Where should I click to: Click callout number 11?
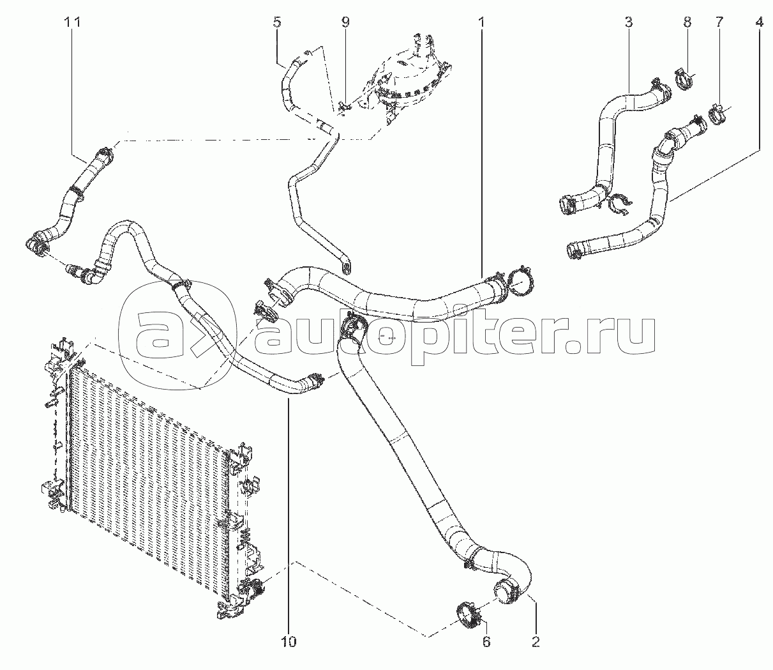point(72,23)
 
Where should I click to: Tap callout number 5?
point(277,23)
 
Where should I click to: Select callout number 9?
point(345,23)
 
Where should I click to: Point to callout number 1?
point(482,23)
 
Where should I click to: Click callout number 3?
point(629,23)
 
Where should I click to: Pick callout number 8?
point(687,23)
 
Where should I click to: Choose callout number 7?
point(719,23)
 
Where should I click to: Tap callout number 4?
point(759,23)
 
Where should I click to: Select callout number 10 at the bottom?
point(289,642)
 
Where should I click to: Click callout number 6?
point(486,642)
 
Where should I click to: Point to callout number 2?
point(536,642)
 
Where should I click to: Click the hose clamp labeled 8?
point(684,86)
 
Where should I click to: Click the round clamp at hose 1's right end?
point(521,282)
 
